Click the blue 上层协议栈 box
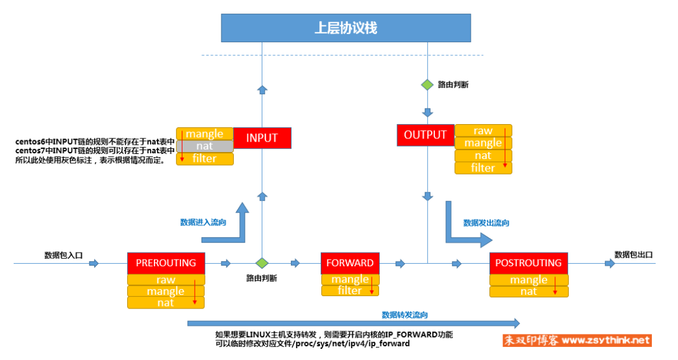click(346, 28)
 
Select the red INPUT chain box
click(262, 138)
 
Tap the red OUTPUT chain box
click(426, 135)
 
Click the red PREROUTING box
click(166, 263)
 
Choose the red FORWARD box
click(350, 263)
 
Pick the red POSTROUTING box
click(529, 263)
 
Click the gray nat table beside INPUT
click(205, 146)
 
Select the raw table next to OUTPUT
click(483, 131)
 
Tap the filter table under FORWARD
click(350, 290)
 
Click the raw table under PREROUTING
click(166, 280)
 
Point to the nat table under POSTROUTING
click(529, 292)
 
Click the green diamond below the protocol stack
click(427, 85)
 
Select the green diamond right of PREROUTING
click(262, 263)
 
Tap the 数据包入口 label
click(63, 255)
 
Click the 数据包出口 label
click(633, 255)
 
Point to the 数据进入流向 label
click(203, 222)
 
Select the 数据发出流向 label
click(486, 223)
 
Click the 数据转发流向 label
click(404, 315)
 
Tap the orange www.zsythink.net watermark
click(577, 341)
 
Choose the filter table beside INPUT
click(205, 159)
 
